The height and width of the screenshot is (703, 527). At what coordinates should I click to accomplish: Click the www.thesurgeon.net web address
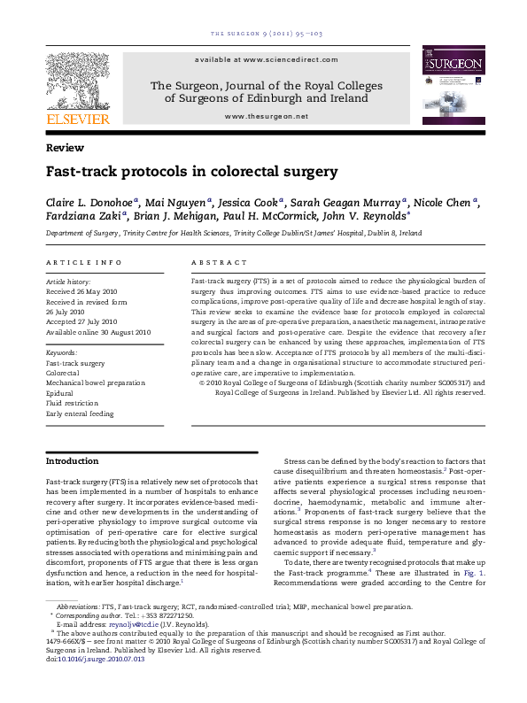267,116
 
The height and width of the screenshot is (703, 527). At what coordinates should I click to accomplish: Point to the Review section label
65,148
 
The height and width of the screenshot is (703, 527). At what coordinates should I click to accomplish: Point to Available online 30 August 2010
98,332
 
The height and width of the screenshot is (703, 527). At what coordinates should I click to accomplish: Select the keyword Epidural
60,393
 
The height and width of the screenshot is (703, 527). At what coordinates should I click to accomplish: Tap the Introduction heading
72,461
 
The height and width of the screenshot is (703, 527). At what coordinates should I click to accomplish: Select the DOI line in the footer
94,684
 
